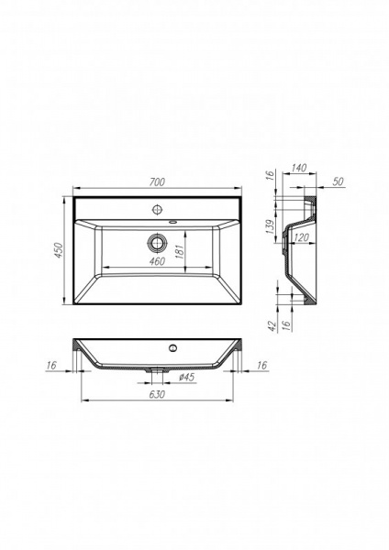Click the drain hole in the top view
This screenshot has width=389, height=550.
coord(155,243)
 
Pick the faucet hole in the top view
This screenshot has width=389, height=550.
coord(155,207)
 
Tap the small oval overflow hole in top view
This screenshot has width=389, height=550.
coord(173,221)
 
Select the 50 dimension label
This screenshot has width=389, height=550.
coord(339,182)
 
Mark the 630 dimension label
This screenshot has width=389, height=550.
coord(157,395)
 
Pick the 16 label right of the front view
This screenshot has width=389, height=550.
coord(261,366)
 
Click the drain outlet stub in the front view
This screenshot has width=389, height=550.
coord(159,370)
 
